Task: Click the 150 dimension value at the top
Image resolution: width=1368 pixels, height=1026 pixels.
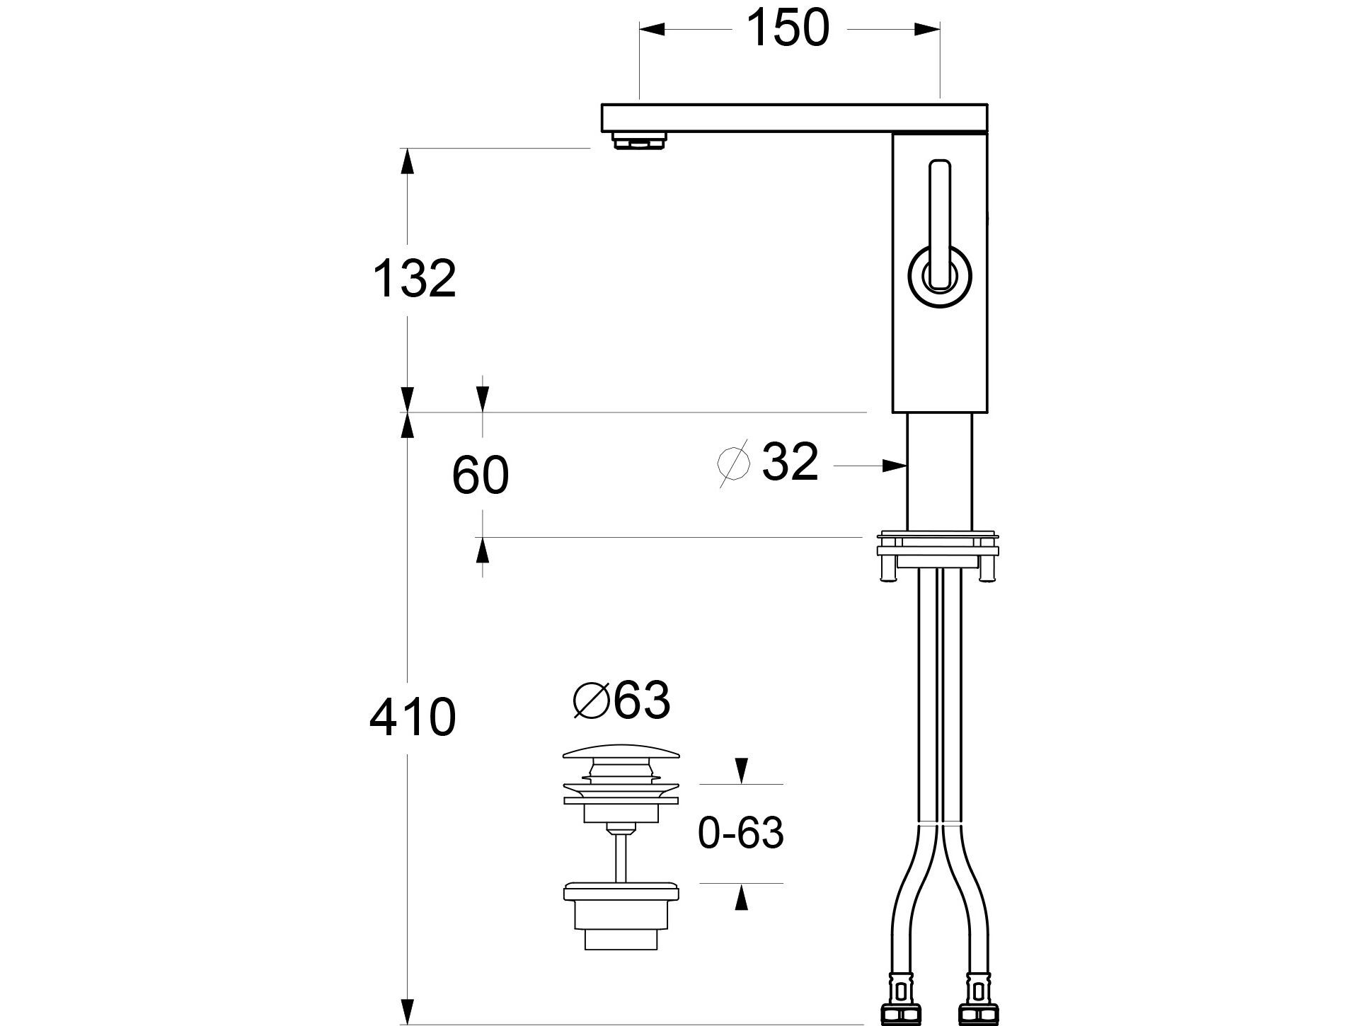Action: (x=787, y=29)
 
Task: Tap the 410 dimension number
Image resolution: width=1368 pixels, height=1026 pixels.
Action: (x=413, y=717)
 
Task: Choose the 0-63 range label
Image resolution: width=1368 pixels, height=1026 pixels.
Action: (x=740, y=833)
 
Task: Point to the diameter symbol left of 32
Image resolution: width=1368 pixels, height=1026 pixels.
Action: (x=734, y=463)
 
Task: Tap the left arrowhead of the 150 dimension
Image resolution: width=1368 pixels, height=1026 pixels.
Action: (x=653, y=29)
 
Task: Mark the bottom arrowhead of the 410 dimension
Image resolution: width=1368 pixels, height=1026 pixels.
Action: (x=407, y=1009)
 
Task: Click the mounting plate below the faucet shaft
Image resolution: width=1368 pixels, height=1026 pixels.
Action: (x=938, y=548)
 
